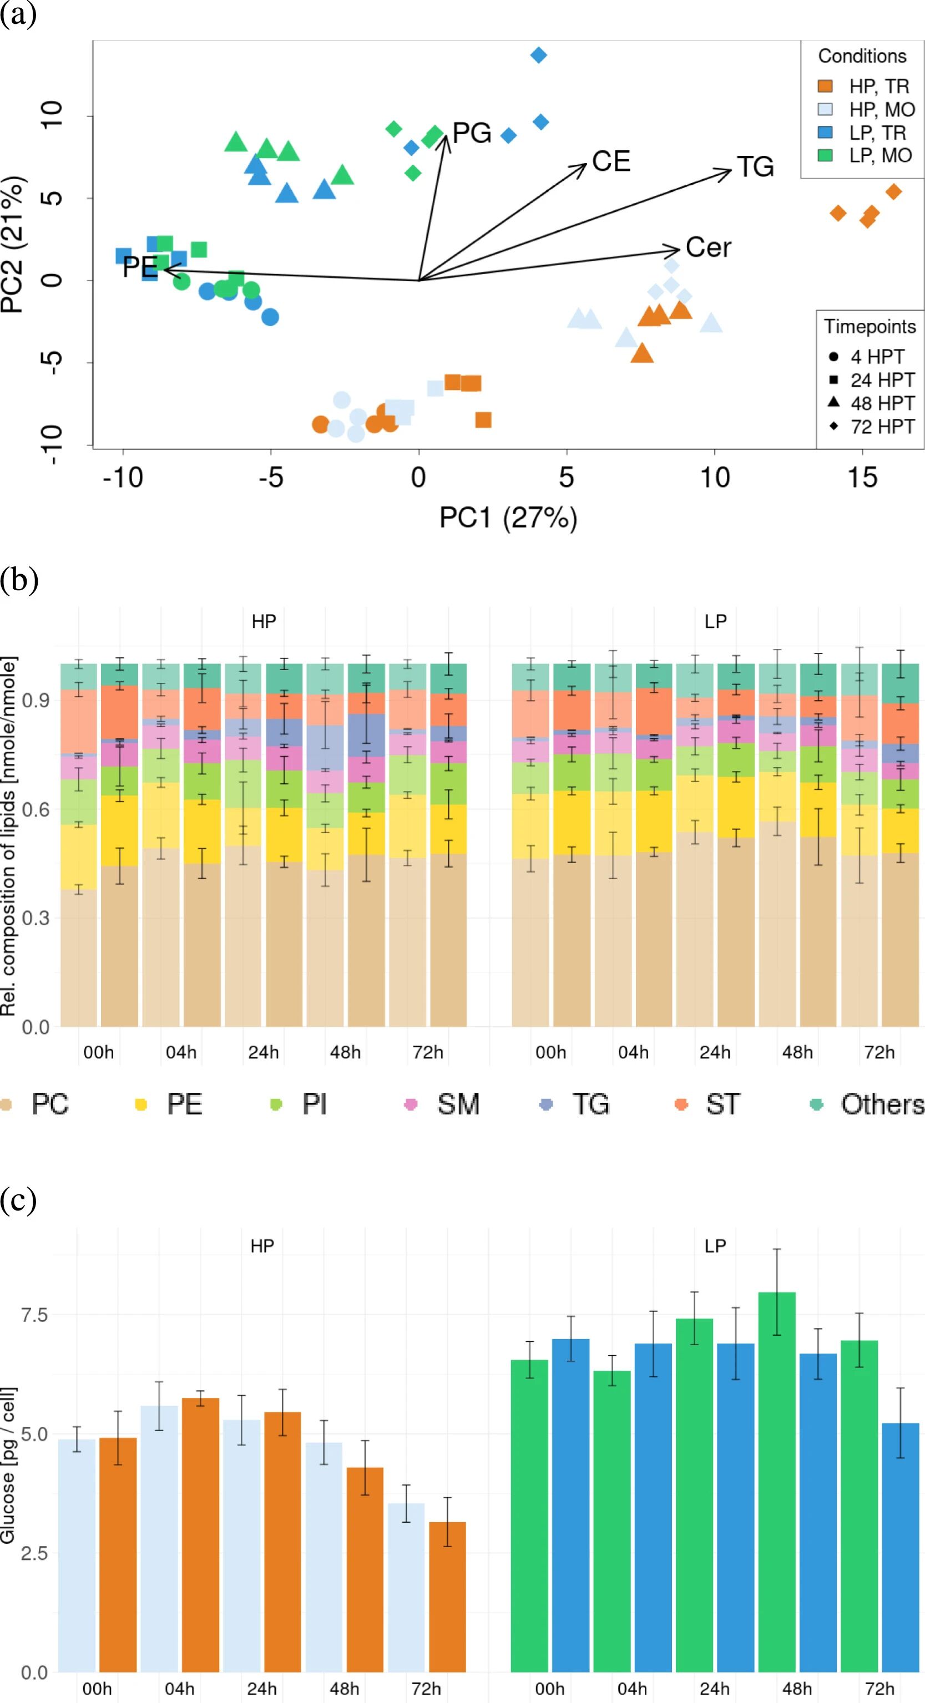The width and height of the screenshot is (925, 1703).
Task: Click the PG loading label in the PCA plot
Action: (x=472, y=133)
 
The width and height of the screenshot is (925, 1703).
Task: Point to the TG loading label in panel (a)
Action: (x=755, y=166)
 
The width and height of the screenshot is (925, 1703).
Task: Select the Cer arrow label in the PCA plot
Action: (x=708, y=247)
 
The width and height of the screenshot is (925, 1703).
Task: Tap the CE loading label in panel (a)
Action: (x=611, y=161)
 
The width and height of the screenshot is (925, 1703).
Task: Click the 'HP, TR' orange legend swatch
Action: (x=825, y=86)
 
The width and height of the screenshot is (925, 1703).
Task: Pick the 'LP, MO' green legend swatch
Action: (x=825, y=155)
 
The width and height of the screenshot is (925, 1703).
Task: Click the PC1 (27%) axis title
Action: (x=508, y=517)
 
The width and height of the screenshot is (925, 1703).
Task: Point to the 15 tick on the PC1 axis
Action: (x=862, y=477)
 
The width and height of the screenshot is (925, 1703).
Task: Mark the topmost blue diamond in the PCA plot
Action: (x=539, y=55)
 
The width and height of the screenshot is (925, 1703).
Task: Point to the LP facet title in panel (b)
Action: (x=715, y=621)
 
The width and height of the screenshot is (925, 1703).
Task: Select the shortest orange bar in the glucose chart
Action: (x=448, y=1596)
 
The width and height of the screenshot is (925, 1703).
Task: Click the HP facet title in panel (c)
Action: (x=262, y=1246)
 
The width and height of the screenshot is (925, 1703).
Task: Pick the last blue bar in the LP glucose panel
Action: (x=901, y=1547)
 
